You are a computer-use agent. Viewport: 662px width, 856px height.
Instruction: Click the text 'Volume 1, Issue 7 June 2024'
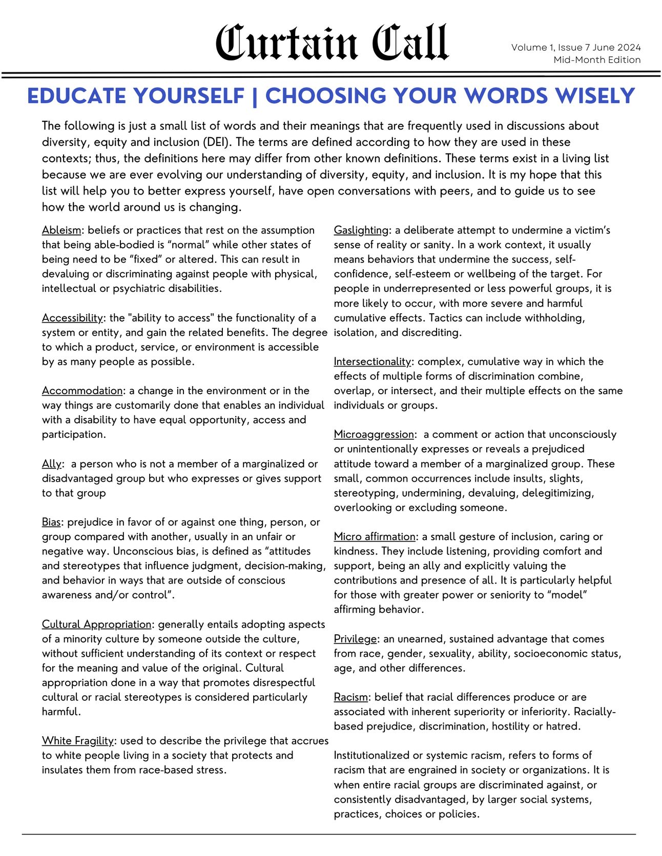pos(575,48)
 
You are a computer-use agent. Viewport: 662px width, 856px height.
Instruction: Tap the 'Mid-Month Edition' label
pos(597,60)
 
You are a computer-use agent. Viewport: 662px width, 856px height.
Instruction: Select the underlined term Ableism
pos(61,230)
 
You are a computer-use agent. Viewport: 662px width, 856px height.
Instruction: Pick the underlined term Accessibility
pos(72,318)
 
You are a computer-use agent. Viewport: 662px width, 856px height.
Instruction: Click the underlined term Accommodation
pos(82,391)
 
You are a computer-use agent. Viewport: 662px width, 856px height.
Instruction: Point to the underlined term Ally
pos(52,464)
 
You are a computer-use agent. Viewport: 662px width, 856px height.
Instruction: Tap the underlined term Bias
pos(51,522)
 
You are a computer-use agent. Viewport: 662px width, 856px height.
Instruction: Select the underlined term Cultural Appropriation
pos(96,625)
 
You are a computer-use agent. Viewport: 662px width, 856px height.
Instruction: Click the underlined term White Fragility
pos(77,741)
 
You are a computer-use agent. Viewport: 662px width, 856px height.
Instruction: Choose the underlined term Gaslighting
pos(361,230)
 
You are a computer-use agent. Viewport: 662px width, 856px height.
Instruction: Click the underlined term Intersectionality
pos(372,361)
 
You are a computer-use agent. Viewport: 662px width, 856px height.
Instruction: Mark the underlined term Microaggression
pos(374,435)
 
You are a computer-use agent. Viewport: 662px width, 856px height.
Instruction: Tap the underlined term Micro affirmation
pos(375,537)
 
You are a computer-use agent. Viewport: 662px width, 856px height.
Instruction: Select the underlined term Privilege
pos(355,639)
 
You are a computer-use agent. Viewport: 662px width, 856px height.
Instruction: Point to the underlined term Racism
pos(350,697)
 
